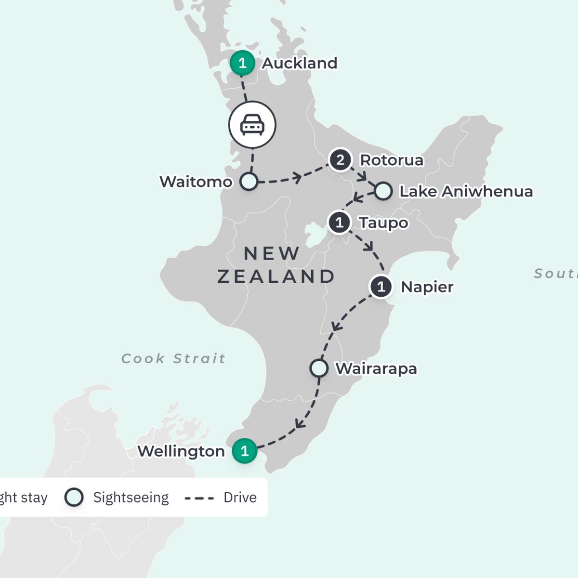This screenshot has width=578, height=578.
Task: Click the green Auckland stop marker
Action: [242, 63]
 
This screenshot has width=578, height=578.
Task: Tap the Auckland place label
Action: [300, 63]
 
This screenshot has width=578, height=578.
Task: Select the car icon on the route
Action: [252, 125]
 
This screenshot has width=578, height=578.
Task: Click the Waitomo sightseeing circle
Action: [249, 182]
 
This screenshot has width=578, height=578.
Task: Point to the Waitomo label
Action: [196, 182]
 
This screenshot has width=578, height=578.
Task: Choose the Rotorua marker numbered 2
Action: [340, 160]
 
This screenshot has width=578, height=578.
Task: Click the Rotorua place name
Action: [392, 160]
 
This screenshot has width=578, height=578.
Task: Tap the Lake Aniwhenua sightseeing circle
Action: [383, 191]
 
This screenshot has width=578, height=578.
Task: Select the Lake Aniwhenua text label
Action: [466, 191]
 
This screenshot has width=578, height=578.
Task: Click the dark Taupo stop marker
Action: [340, 223]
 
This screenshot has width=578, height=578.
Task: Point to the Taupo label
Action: [383, 223]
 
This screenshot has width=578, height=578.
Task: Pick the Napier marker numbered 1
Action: [381, 287]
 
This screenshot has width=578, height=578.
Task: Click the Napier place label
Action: [427, 287]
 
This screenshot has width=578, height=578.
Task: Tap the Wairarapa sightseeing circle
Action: [318, 368]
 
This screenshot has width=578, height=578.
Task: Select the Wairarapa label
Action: [376, 368]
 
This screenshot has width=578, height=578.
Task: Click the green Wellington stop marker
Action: [244, 451]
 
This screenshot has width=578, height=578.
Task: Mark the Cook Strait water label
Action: [173, 358]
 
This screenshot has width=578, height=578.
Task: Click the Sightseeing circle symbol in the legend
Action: [74, 497]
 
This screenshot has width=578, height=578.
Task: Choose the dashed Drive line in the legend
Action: [199, 498]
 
